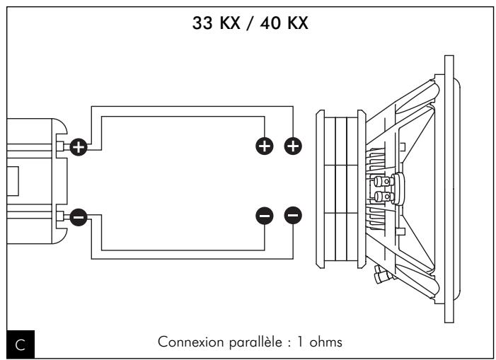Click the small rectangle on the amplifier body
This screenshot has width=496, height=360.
(x=11, y=181)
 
